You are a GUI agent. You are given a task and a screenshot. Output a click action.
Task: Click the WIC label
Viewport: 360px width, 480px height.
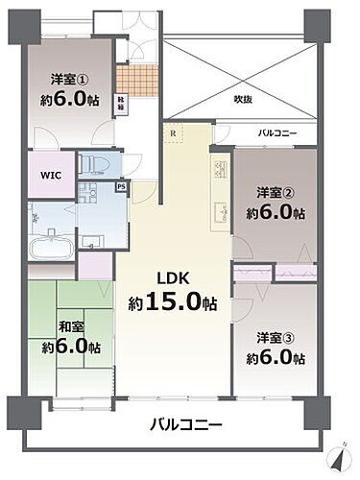pyautogui.click(x=50, y=176)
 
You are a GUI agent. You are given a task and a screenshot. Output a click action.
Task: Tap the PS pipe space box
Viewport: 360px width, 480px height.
pyautogui.click(x=120, y=186)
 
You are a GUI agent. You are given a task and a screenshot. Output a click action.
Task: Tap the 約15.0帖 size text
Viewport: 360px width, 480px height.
pyautogui.click(x=173, y=303)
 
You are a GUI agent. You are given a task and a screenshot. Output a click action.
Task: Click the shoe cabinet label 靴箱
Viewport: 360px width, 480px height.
pyautogui.click(x=121, y=105)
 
